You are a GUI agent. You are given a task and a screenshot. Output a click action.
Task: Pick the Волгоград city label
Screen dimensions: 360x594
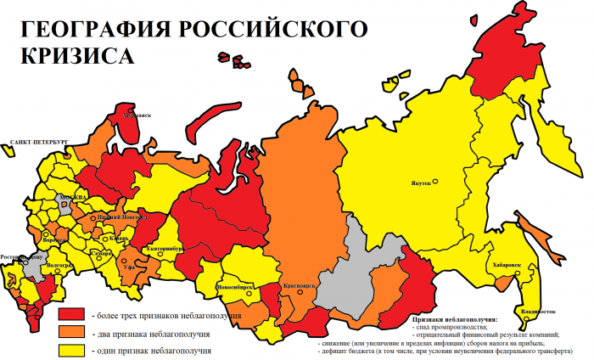[60, 264]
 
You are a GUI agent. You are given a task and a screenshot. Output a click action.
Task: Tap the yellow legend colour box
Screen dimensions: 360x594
[71, 350]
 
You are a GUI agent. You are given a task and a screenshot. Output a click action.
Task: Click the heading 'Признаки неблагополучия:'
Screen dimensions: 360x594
[462, 318]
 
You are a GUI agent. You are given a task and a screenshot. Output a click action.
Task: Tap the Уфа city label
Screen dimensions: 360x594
[129, 267]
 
